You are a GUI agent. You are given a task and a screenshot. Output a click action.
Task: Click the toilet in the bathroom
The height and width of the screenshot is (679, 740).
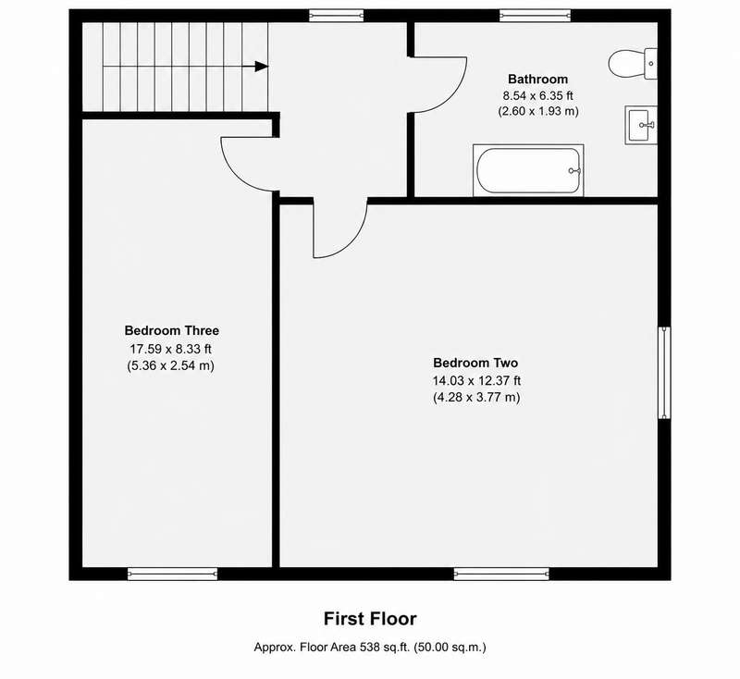pyautogui.click(x=633, y=63)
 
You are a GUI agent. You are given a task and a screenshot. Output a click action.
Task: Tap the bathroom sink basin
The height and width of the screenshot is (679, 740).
pyautogui.click(x=641, y=125)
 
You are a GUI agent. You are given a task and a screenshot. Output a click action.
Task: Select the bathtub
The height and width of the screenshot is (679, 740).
pyautogui.click(x=528, y=170)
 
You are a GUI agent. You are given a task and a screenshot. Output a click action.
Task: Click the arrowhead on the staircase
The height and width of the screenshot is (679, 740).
pyautogui.click(x=262, y=67)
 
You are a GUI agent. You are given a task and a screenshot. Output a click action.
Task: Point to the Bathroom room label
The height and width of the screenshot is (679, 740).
pyautogui.click(x=537, y=79)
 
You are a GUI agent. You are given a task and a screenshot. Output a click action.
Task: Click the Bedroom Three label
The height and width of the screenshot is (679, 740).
pyautogui.click(x=172, y=330)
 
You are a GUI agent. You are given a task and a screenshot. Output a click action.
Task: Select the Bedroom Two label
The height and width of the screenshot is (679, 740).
pyautogui.click(x=475, y=363)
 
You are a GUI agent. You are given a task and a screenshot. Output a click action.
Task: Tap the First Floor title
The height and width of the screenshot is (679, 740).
pyautogui.click(x=370, y=619)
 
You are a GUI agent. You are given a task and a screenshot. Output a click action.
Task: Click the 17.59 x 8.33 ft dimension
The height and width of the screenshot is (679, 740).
pyautogui.click(x=170, y=349)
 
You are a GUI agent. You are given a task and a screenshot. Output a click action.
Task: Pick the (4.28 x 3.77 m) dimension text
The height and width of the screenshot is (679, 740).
pyautogui.click(x=476, y=397)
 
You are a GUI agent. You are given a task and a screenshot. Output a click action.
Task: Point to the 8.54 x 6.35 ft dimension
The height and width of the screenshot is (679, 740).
pyautogui.click(x=537, y=96)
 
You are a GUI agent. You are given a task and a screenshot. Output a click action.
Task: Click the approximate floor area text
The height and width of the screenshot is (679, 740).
pyautogui.click(x=370, y=647)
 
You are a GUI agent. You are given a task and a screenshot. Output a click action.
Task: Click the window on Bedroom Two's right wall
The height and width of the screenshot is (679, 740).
pyautogui.click(x=664, y=372)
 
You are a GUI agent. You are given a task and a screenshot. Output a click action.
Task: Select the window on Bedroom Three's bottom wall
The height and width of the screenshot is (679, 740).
pyautogui.click(x=172, y=574)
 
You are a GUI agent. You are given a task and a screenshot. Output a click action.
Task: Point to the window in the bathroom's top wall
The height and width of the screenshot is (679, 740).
pyautogui.click(x=536, y=16)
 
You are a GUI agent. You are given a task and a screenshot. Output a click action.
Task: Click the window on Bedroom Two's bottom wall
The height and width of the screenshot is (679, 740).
pyautogui.click(x=501, y=574)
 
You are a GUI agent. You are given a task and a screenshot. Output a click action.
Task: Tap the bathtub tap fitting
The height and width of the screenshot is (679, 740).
pyautogui.click(x=574, y=170)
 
